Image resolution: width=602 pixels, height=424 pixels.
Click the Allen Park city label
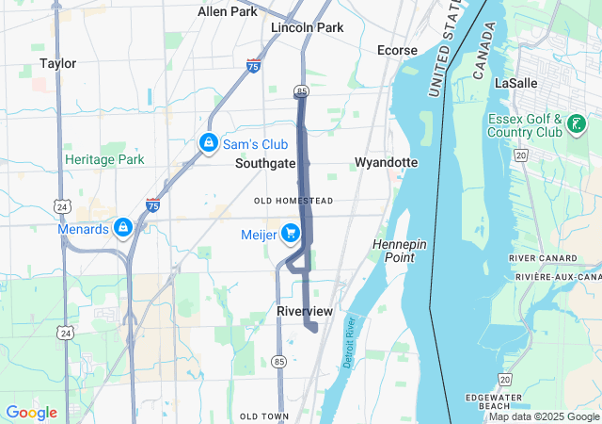[x=228, y=11]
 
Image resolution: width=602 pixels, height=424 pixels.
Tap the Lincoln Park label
[x=307, y=27]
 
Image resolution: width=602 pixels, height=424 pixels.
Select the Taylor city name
[x=58, y=63]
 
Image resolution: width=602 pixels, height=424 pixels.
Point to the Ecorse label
[x=396, y=50]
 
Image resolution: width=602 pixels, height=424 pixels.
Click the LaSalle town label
[x=515, y=83]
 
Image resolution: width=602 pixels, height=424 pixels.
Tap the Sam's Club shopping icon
[x=208, y=143]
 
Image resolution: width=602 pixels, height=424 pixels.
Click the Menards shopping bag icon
[x=122, y=228]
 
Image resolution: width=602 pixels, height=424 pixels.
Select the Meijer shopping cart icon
[x=290, y=231]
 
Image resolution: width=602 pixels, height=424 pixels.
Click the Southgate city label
[x=265, y=163]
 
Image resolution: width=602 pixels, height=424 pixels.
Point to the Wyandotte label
[x=386, y=162]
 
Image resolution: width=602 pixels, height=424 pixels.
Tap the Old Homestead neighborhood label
[x=293, y=201]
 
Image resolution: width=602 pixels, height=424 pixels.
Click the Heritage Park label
[x=104, y=159]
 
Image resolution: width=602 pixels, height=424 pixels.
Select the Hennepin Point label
[x=399, y=251]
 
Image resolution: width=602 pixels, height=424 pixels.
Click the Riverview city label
[x=305, y=311]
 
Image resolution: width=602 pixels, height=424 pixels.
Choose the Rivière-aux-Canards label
[x=558, y=277]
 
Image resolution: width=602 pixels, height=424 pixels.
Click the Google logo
[x=31, y=413]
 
